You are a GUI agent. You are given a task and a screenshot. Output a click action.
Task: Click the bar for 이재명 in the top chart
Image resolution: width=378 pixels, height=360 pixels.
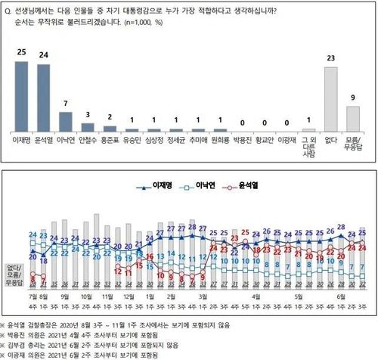pyautogui.click(x=22, y=95)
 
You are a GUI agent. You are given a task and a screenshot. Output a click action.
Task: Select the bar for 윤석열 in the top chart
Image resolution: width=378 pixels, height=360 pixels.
pyautogui.click(x=44, y=97)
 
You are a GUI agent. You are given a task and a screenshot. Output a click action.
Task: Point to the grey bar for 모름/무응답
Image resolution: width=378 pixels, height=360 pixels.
pyautogui.click(x=353, y=118)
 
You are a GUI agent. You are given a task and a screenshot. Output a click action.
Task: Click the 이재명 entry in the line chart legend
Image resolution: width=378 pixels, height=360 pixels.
pyautogui.click(x=156, y=185)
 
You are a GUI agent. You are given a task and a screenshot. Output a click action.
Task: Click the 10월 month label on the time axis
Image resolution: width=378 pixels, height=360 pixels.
pyautogui.click(x=85, y=296)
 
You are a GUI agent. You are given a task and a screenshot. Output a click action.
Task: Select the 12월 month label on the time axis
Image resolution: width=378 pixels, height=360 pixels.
pyautogui.click(x=129, y=296)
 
